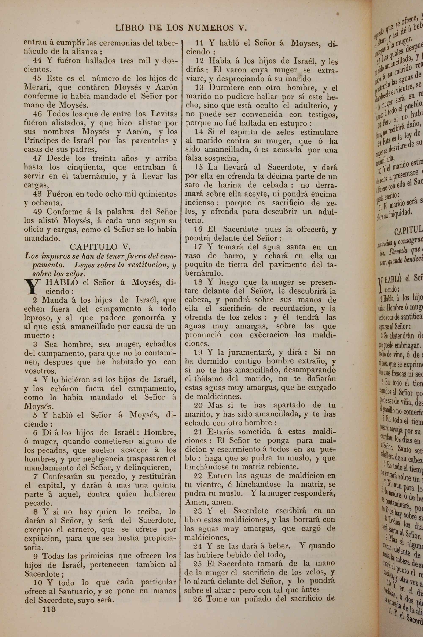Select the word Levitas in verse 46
tap(164, 114)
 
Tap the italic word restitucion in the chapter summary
tap(143, 265)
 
